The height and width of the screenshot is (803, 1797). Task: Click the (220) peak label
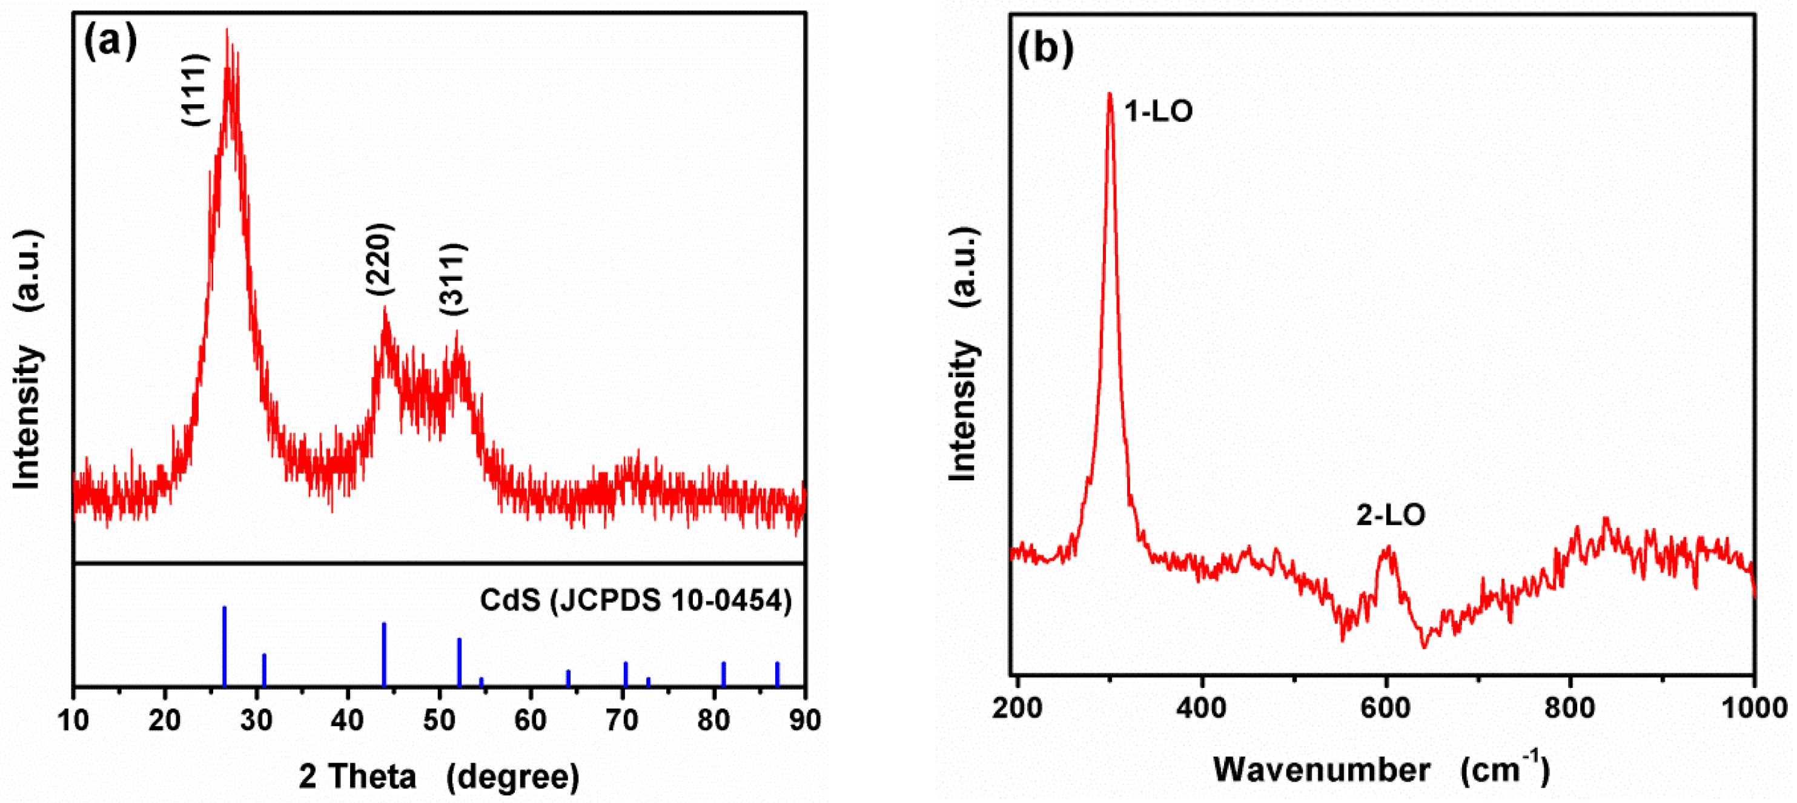381,260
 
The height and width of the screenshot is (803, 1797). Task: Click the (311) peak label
454,280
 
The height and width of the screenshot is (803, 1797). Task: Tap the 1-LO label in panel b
1159,111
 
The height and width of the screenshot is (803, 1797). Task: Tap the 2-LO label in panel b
1391,515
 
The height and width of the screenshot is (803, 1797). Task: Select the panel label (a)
110,42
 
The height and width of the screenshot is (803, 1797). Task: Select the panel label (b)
1045,49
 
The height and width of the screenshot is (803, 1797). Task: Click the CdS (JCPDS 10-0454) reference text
635,601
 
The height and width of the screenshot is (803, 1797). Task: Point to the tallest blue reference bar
225,646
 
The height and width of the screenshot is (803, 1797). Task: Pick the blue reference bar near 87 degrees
777,673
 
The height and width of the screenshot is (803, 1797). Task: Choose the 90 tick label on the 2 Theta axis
804,721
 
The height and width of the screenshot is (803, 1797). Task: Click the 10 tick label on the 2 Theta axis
73,721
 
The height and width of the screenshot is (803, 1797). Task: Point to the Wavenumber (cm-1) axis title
1382,770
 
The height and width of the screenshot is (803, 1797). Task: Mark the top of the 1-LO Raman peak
1109,94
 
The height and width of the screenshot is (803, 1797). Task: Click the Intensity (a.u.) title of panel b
965,353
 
